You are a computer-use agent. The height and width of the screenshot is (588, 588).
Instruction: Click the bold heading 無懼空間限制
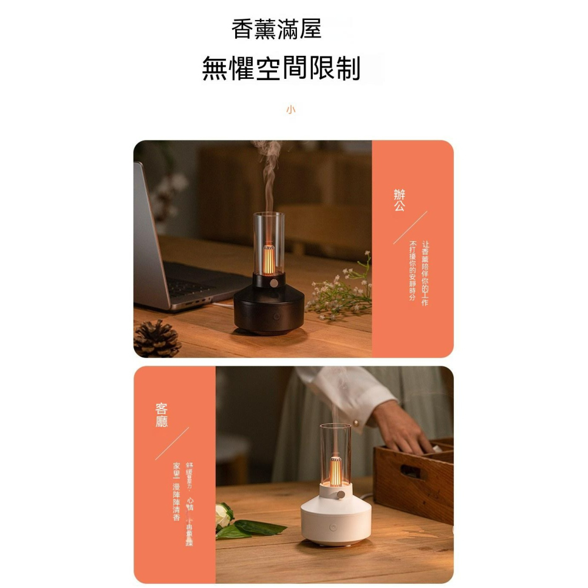281,68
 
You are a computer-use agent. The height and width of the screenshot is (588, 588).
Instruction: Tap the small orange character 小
290,110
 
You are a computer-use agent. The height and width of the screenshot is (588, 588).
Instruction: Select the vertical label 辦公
399,201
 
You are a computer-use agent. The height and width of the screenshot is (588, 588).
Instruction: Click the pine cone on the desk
157,339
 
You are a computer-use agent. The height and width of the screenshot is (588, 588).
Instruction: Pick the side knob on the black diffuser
274,285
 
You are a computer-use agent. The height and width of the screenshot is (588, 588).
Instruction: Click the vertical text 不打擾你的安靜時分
413,270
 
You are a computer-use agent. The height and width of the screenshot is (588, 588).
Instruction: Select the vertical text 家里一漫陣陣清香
176,492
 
